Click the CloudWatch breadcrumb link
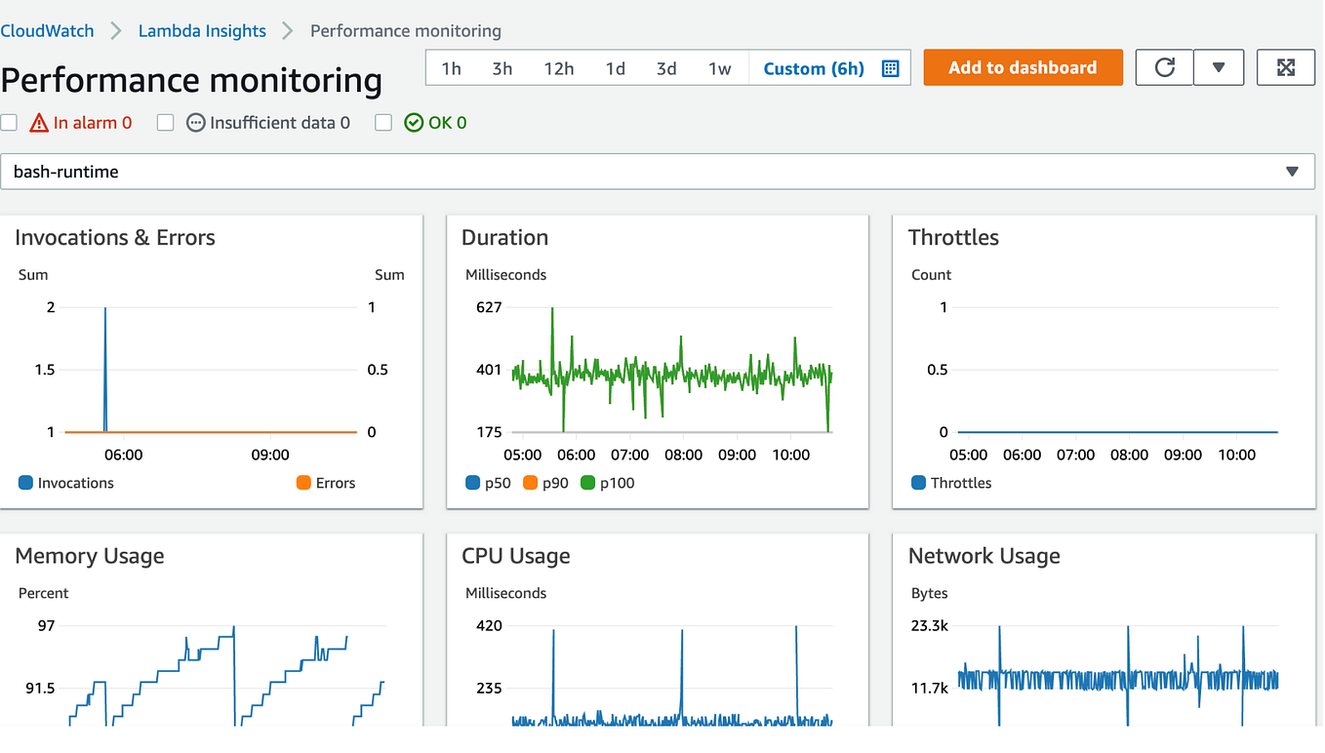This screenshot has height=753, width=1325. pyautogui.click(x=47, y=31)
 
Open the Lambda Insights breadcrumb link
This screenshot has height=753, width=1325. pyautogui.click(x=202, y=31)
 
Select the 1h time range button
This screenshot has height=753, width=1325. pyautogui.click(x=451, y=68)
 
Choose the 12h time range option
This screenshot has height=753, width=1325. pyautogui.click(x=558, y=68)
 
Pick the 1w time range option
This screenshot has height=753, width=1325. pyautogui.click(x=719, y=68)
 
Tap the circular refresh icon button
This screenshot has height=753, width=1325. pyautogui.click(x=1164, y=67)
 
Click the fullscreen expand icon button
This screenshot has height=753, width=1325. pyautogui.click(x=1285, y=67)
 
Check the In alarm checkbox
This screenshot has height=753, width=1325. pyautogui.click(x=9, y=123)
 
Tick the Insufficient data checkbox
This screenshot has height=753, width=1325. pyautogui.click(x=166, y=123)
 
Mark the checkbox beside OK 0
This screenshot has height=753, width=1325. pyautogui.click(x=383, y=123)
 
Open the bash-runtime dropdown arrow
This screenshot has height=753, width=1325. pyautogui.click(x=1292, y=172)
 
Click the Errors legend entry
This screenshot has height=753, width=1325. pyautogui.click(x=326, y=483)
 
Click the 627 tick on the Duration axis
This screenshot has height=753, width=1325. pyautogui.click(x=488, y=307)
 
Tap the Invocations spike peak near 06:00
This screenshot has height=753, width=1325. pyautogui.click(x=105, y=308)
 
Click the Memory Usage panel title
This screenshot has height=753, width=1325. pyautogui.click(x=90, y=556)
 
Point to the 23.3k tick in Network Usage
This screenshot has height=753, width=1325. pyautogui.click(x=929, y=625)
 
